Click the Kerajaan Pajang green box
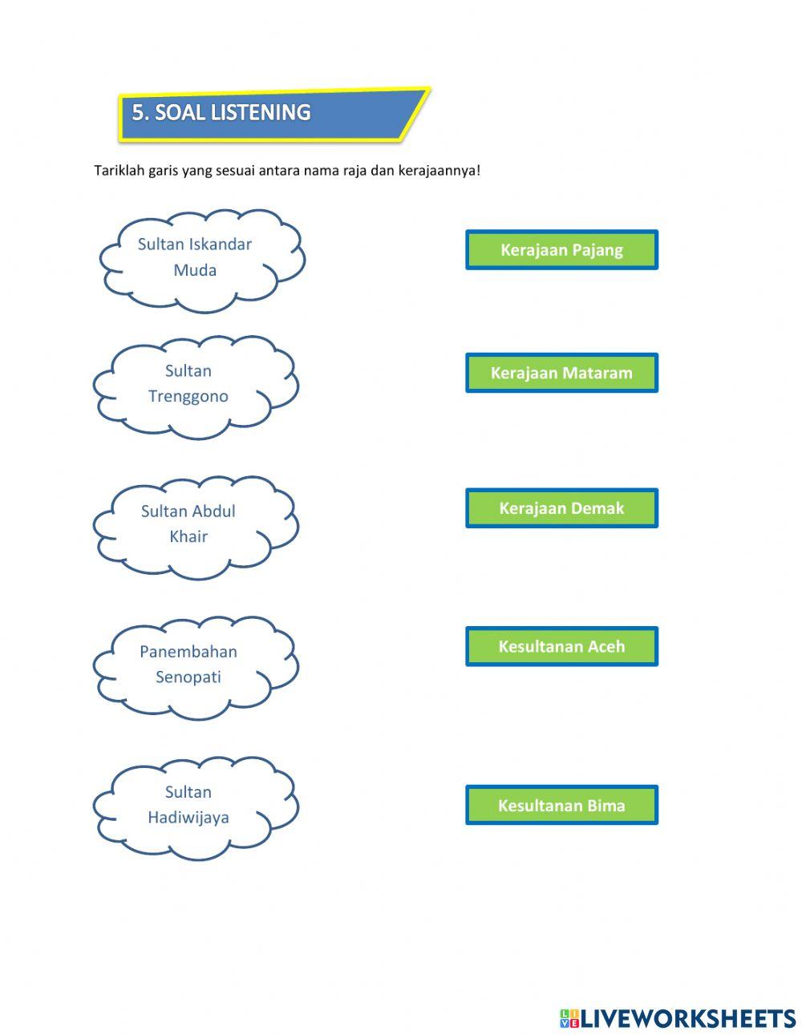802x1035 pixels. [x=561, y=250]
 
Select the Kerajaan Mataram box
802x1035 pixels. [x=561, y=373]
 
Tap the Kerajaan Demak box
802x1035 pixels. [x=561, y=508]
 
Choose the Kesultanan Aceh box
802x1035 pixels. [x=561, y=646]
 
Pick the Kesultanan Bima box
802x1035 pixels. [x=561, y=805]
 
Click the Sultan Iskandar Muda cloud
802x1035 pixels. [x=200, y=258]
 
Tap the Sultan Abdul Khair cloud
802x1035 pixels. [x=195, y=525]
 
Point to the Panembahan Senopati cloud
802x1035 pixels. [x=195, y=665]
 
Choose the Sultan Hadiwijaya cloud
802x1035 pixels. [x=195, y=806]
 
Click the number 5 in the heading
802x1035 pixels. [x=139, y=113]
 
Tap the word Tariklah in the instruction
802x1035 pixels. [x=119, y=171]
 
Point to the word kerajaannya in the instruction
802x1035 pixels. [x=438, y=171]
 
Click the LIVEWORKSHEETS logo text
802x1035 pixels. [x=688, y=1018]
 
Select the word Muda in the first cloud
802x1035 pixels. [x=195, y=270]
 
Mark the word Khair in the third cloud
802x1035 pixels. [x=188, y=536]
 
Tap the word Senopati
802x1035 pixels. [x=188, y=677]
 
